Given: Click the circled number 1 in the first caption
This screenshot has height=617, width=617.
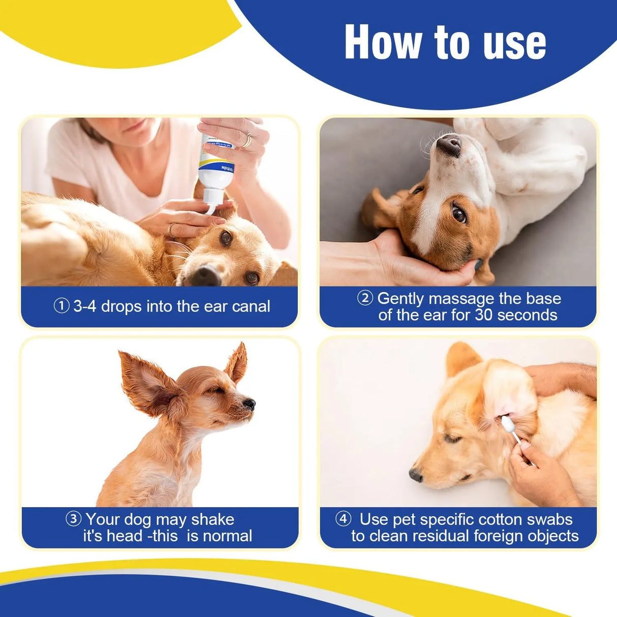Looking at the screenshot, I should [61, 306].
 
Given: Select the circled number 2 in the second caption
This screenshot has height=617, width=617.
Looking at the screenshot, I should [365, 298].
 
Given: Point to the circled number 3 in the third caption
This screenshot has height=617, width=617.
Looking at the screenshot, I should [74, 519].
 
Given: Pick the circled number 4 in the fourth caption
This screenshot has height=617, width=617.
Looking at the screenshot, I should [344, 519].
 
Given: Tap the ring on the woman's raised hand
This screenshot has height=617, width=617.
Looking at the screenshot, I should [247, 140].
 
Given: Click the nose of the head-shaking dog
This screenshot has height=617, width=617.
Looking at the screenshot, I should [250, 404].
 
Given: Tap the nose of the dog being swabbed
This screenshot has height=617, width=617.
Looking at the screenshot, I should [416, 475].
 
